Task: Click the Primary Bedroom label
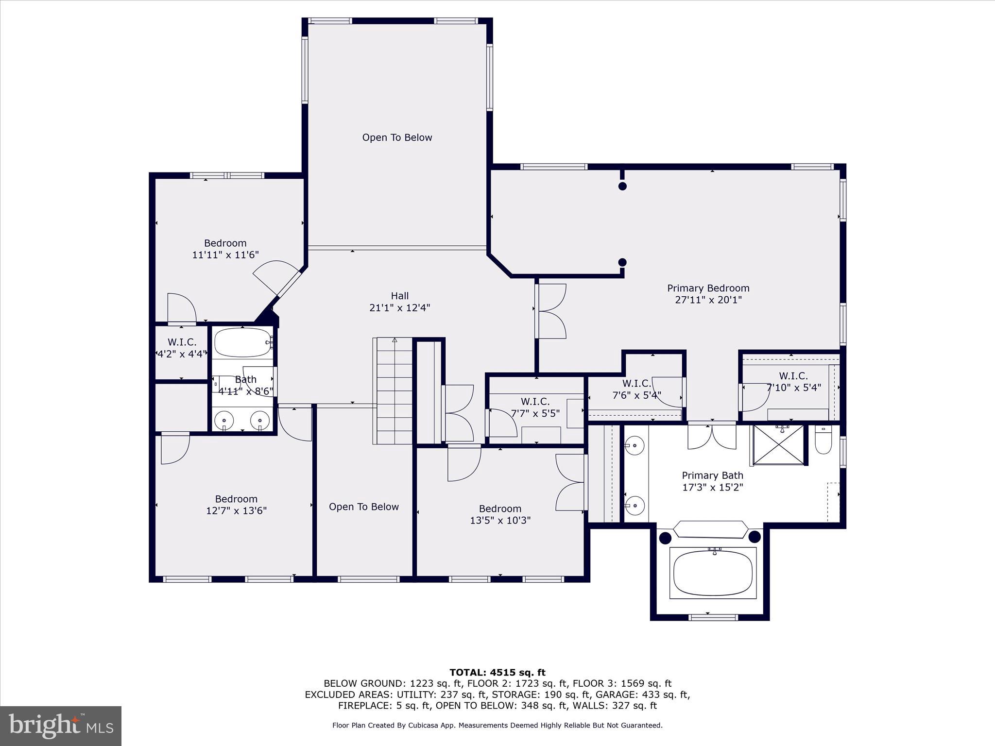coord(708,288)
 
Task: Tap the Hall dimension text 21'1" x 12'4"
coord(399,308)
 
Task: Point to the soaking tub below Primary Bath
coord(713,573)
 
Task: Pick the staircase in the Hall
coord(395,391)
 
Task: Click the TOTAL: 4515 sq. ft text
coord(497,673)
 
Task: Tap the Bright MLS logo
coord(61,726)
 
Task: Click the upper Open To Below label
coord(397,138)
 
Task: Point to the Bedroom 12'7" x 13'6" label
coord(236,505)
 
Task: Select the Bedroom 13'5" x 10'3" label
coord(500,515)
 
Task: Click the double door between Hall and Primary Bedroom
coord(551,311)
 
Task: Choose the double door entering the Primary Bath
coord(712,436)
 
